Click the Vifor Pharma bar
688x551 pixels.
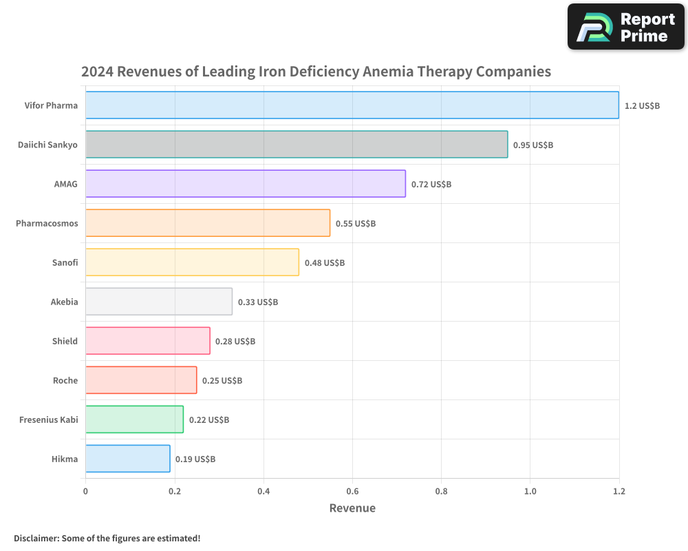pyautogui.click(x=352, y=105)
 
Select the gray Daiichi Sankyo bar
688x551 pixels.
pyautogui.click(x=297, y=145)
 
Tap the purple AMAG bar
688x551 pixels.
pyautogui.click(x=245, y=184)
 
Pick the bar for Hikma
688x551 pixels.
pyautogui.click(x=127, y=459)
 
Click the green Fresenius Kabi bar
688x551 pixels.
pyautogui.click(x=134, y=419)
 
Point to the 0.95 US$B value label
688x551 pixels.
pyautogui.click(x=533, y=145)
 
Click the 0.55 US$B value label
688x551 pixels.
pyautogui.click(x=356, y=224)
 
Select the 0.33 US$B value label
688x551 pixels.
pyautogui.click(x=258, y=302)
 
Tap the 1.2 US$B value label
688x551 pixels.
pyautogui.click(x=642, y=106)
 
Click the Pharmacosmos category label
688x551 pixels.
pyautogui.click(x=47, y=223)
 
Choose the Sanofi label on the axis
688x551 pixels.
pyautogui.click(x=65, y=262)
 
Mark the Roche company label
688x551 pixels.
pyautogui.click(x=65, y=380)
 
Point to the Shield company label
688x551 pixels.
pyautogui.click(x=65, y=341)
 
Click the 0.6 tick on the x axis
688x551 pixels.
pyautogui.click(x=352, y=492)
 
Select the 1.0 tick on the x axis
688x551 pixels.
pyautogui.click(x=530, y=492)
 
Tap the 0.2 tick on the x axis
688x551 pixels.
pyautogui.click(x=175, y=492)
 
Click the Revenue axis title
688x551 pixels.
pyautogui.click(x=352, y=508)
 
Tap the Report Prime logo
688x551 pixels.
pyautogui.click(x=626, y=27)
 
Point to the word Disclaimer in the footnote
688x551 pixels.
pyautogui.click(x=36, y=538)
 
